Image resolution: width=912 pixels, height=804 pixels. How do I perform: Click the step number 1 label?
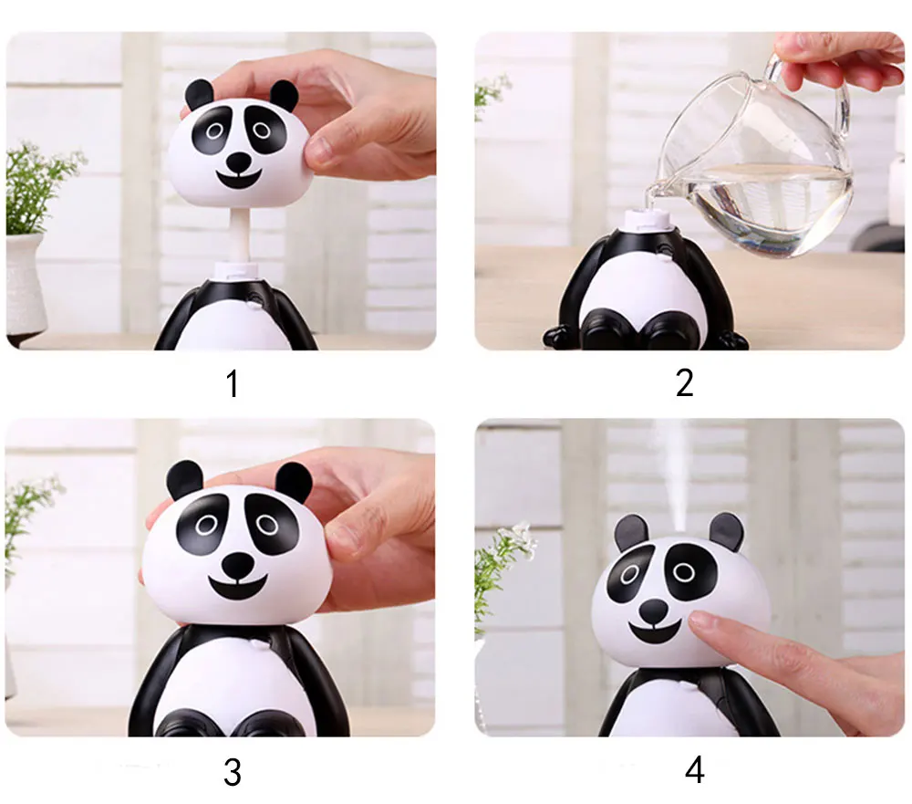tap(233, 383)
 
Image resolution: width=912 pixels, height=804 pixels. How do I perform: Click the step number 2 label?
tap(685, 383)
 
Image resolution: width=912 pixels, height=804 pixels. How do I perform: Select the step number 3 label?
tap(233, 773)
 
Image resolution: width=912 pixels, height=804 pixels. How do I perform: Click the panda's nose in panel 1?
tap(238, 162)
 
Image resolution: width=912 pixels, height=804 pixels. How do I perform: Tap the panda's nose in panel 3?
tap(238, 565)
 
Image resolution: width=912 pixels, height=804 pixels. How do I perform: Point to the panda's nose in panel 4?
tap(653, 611)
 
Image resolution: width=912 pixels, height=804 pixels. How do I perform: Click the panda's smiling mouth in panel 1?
tap(238, 180)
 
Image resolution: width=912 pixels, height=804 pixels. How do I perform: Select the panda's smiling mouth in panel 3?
tap(238, 588)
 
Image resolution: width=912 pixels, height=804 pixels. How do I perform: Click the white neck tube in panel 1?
tap(240, 235)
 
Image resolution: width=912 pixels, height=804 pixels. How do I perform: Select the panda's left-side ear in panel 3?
tap(185, 480)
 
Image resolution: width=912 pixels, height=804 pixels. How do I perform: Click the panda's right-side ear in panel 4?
tap(726, 531)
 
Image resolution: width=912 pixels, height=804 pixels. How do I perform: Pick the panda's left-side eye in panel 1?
tap(213, 130)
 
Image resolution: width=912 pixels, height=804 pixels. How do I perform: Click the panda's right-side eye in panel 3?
tap(267, 525)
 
